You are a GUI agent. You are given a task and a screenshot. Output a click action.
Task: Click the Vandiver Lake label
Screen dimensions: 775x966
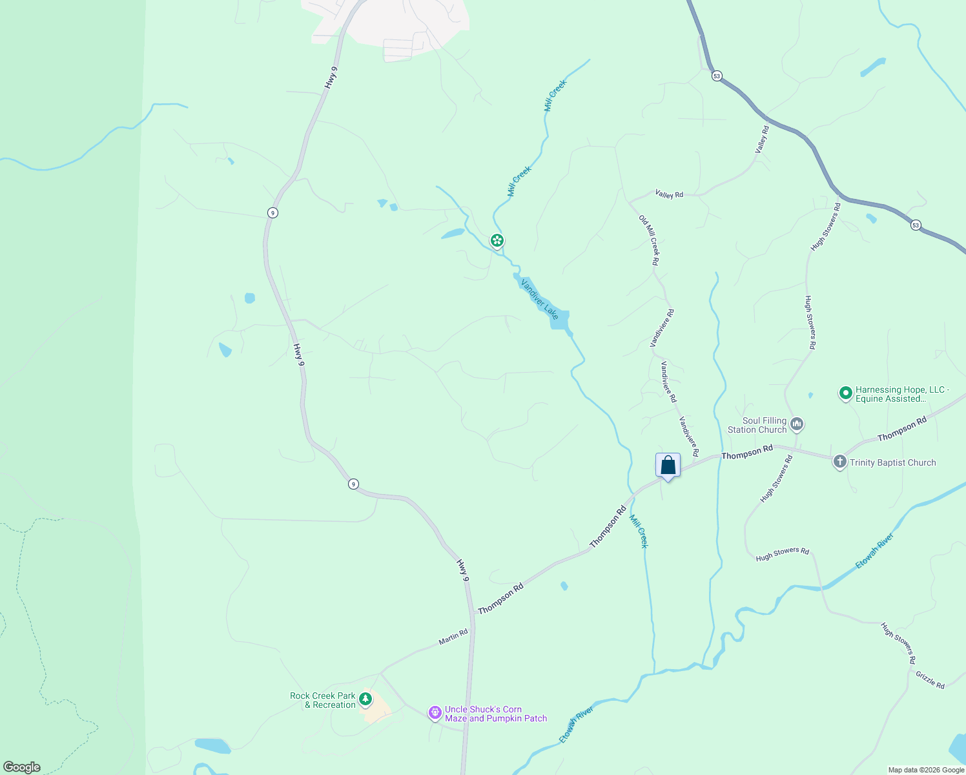point(539,298)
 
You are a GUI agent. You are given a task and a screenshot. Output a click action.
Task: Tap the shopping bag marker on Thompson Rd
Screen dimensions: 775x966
point(668,466)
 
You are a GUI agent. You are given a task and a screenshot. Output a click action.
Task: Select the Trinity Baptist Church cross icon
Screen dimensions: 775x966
point(839,462)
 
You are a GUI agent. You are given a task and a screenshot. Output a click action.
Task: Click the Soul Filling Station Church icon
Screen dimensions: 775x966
point(797,424)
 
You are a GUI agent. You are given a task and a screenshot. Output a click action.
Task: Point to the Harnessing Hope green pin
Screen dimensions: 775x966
point(845,393)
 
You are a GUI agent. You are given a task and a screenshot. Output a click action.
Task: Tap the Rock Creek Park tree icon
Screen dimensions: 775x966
point(365,699)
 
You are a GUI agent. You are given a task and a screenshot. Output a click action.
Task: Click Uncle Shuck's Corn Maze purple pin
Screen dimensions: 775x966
point(435,712)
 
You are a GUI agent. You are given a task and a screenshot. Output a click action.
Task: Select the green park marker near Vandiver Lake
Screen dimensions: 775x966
point(497,241)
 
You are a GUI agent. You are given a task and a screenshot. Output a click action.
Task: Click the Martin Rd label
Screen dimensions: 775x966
point(453,637)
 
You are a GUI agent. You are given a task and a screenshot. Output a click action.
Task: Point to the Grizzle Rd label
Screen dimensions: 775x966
point(930,679)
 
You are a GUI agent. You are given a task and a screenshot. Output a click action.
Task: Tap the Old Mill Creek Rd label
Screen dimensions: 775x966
point(649,240)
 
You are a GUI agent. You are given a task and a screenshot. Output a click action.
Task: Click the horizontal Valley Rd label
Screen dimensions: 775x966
point(669,194)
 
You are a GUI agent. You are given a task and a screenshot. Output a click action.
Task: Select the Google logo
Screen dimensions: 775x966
point(21,767)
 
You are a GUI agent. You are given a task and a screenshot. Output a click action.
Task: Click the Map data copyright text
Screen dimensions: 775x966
point(926,770)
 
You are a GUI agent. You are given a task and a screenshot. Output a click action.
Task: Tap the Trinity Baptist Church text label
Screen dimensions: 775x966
point(892,462)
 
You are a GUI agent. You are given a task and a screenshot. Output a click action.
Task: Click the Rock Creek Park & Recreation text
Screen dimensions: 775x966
point(323,700)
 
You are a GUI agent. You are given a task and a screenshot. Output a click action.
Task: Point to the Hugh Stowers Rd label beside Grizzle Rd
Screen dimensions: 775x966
point(898,643)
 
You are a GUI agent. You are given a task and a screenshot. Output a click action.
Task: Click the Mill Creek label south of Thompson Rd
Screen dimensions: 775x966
point(639,531)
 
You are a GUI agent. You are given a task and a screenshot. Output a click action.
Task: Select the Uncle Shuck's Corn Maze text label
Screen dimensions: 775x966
point(495,714)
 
